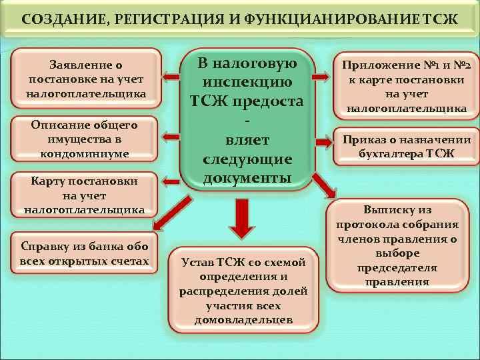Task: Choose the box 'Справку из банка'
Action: coord(85,251)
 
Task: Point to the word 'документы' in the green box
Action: coord(247,178)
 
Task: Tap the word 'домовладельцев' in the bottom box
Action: coord(243,320)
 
